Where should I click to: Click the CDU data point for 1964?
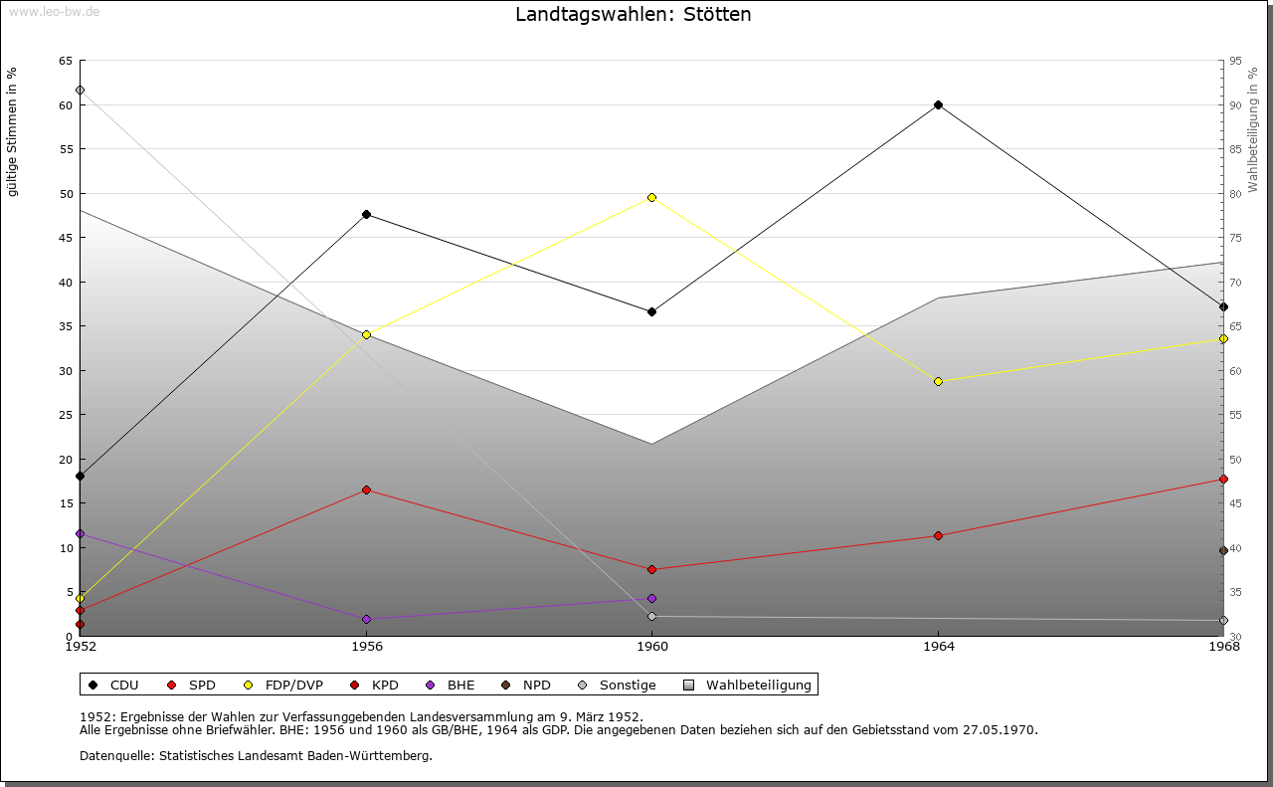tap(938, 105)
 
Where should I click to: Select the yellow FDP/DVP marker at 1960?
tap(651, 198)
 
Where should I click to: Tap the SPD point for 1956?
tap(367, 491)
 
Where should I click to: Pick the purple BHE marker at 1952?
tap(81, 534)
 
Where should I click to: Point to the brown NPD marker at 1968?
tap(1223, 551)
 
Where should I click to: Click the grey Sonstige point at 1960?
tap(651, 617)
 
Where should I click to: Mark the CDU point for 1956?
tap(367, 214)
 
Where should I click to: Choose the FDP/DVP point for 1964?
tap(938, 381)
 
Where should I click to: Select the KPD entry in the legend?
tap(375, 686)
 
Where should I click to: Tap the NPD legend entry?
tap(526, 686)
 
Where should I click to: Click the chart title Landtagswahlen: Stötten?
tap(634, 14)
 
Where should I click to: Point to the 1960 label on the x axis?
tap(652, 647)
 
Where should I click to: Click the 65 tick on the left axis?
tap(66, 61)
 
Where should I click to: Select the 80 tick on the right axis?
tap(1235, 194)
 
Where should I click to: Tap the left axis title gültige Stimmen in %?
tap(12, 132)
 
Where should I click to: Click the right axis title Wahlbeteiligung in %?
tap(1253, 130)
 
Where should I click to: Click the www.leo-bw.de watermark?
tap(54, 11)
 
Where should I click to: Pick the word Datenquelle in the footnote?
tap(117, 756)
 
